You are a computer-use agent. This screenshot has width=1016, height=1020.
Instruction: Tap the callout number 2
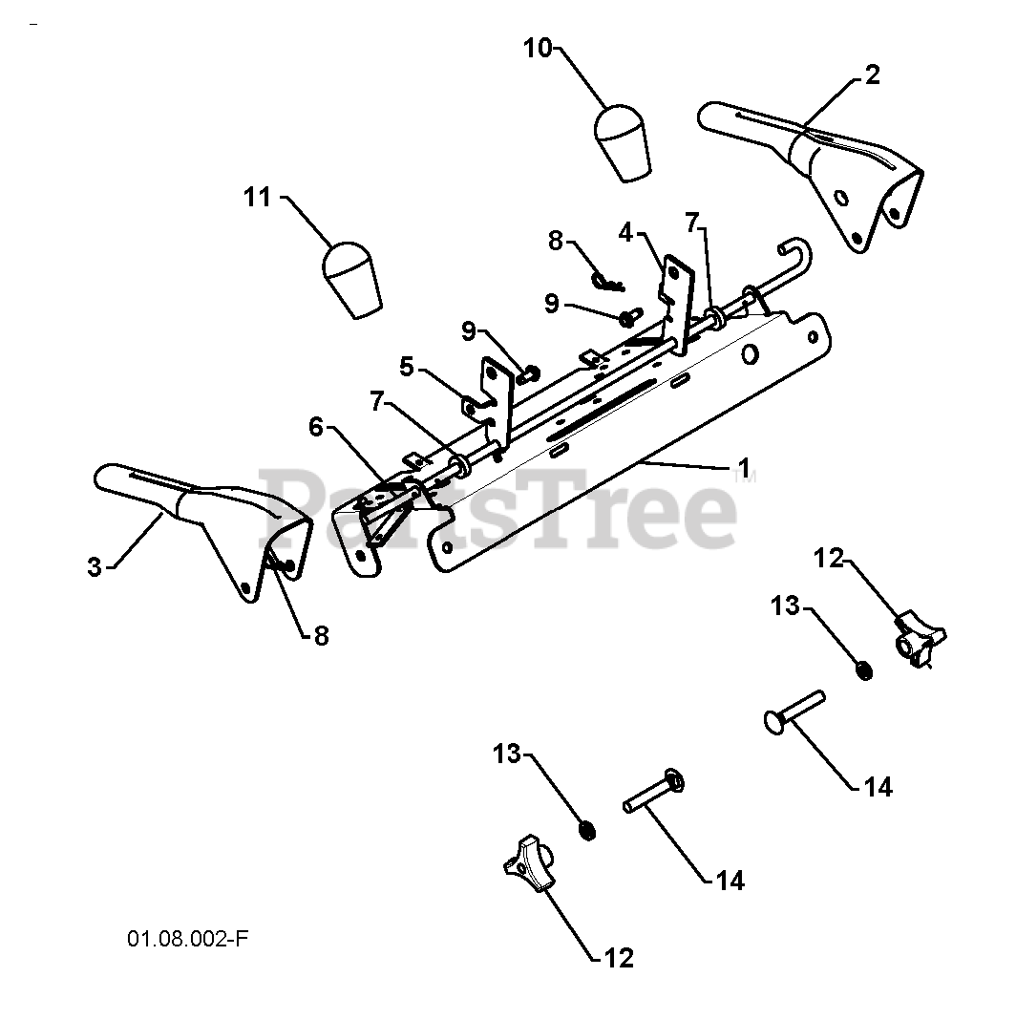pyautogui.click(x=872, y=75)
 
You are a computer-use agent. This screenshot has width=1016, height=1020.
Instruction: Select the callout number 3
pyautogui.click(x=94, y=566)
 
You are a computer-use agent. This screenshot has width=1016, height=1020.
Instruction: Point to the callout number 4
pyautogui.click(x=625, y=231)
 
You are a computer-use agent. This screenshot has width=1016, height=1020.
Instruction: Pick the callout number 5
pyautogui.click(x=407, y=366)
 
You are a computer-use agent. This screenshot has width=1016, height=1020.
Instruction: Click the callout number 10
pyautogui.click(x=538, y=48)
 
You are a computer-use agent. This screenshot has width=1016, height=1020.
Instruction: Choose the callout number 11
pyautogui.click(x=257, y=198)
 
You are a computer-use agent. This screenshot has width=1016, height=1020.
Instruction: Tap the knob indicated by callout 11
pyautogui.click(x=351, y=278)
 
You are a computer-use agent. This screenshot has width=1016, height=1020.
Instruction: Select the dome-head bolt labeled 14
pyautogui.click(x=794, y=711)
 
